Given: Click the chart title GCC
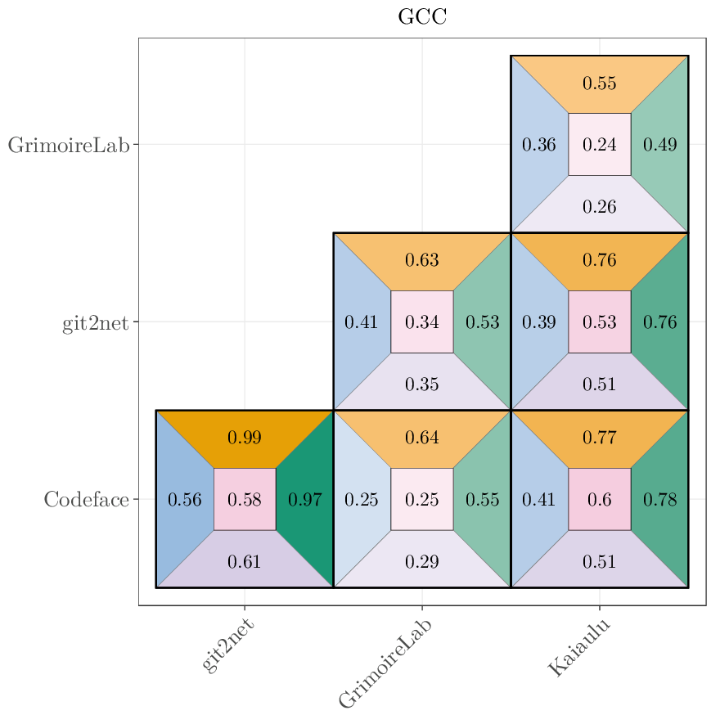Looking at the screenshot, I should click(422, 16).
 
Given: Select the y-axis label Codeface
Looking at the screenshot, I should click(86, 499).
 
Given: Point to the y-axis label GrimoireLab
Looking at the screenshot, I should click(69, 146).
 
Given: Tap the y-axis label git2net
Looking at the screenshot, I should click(96, 322).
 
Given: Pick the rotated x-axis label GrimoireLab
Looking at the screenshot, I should click(385, 663).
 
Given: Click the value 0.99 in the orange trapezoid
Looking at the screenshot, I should click(245, 438).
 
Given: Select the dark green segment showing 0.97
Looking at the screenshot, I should click(305, 499).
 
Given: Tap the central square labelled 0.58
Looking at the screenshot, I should click(245, 499).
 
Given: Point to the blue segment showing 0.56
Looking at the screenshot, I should click(184, 499).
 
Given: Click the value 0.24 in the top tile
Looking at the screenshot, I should click(600, 145).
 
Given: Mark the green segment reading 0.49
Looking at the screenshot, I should click(660, 145).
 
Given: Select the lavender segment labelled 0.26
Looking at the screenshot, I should click(600, 206).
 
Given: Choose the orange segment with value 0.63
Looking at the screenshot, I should click(422, 261).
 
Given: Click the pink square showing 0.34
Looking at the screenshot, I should click(422, 322).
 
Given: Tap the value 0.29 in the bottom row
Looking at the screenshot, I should click(422, 561).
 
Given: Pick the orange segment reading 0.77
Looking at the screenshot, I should click(600, 438).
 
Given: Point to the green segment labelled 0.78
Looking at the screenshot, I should click(660, 499).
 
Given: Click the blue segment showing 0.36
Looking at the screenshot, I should click(539, 145).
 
